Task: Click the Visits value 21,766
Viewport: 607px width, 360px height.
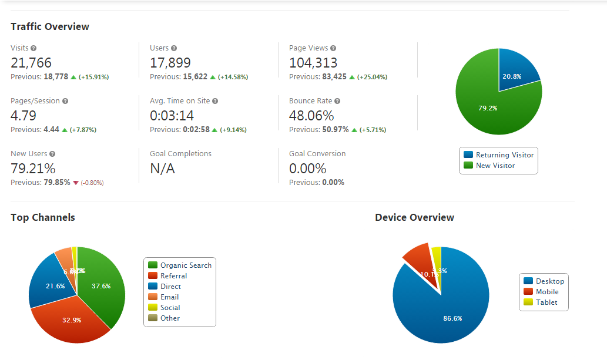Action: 31,63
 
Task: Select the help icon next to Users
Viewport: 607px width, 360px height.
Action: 174,48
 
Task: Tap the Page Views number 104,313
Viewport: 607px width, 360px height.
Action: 313,63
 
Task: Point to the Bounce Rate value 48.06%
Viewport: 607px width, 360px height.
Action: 311,116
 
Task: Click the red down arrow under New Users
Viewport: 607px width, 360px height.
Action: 75,183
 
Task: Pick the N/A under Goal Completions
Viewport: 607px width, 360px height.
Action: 162,169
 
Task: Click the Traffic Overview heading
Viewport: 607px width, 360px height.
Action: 50,26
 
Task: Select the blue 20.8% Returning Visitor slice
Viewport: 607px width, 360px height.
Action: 517,72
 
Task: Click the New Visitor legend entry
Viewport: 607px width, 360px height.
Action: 495,166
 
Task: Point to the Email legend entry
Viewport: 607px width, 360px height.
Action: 169,297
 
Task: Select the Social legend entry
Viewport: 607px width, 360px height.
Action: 170,308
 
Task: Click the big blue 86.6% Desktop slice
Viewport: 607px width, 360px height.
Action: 447,311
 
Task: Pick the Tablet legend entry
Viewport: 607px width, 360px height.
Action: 546,302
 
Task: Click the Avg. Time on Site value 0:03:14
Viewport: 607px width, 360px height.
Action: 172,116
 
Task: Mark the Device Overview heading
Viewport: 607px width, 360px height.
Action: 414,217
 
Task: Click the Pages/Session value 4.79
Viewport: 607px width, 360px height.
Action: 24,116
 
